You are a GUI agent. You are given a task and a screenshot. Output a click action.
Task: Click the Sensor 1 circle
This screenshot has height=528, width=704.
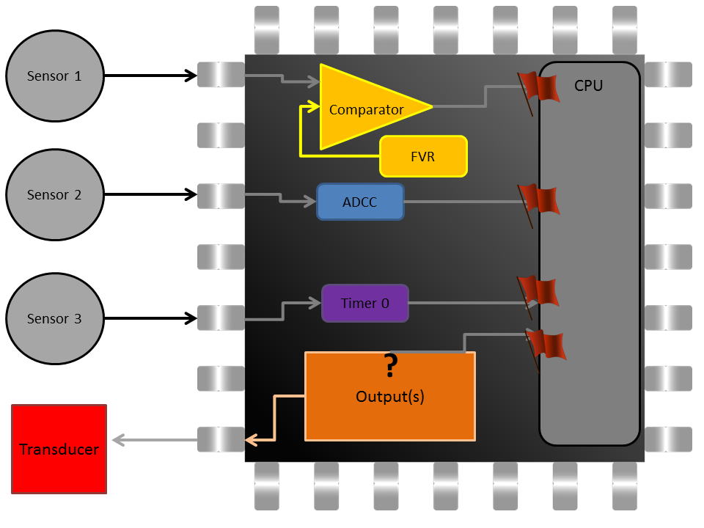click(54, 76)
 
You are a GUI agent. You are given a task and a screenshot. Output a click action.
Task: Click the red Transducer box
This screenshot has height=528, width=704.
click(59, 449)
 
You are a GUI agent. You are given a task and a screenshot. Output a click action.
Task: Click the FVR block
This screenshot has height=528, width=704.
click(423, 156)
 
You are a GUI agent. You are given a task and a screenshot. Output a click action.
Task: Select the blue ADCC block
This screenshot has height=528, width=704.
click(360, 202)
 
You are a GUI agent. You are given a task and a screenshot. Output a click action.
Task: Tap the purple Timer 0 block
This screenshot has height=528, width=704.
click(365, 303)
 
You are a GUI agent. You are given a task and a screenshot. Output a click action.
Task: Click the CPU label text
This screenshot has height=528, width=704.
click(588, 86)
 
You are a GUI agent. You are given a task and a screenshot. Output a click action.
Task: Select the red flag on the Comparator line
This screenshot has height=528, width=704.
click(539, 88)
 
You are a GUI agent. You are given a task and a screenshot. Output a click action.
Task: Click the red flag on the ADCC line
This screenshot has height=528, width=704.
click(539, 200)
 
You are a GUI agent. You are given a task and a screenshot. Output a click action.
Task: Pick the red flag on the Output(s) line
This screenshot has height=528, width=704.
click(545, 345)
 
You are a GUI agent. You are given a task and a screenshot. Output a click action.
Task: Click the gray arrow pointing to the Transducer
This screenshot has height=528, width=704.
click(154, 441)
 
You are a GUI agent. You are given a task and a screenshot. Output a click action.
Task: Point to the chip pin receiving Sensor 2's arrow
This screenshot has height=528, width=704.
click(221, 195)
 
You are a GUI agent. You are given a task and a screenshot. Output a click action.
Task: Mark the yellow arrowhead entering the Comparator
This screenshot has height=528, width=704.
click(313, 107)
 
